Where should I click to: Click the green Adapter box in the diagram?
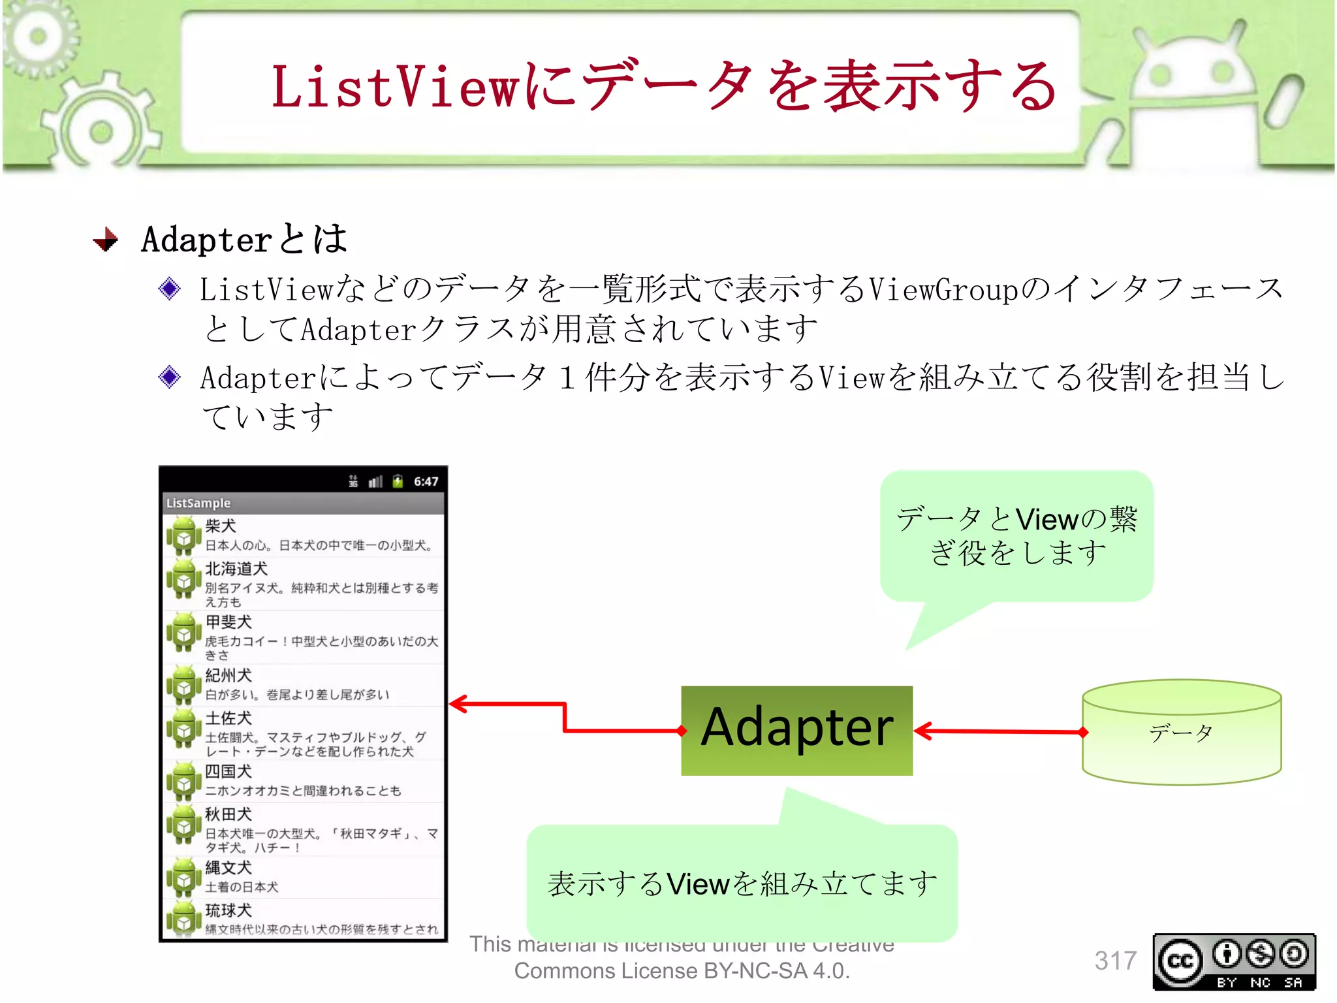point(796,730)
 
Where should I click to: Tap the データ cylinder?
point(1181,733)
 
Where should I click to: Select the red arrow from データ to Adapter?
point(999,731)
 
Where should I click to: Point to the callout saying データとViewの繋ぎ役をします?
point(1016,535)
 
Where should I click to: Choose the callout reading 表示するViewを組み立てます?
point(742,883)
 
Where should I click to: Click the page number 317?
point(1115,961)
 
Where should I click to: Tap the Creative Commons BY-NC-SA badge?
point(1234,962)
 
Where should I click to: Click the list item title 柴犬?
point(220,526)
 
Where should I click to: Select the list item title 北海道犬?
point(236,569)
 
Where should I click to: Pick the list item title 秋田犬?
point(228,814)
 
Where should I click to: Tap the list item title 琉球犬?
point(228,910)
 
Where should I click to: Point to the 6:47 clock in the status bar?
point(426,482)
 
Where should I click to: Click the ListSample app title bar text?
point(198,503)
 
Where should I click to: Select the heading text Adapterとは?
point(244,239)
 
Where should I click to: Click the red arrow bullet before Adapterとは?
point(106,240)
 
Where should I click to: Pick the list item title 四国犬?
point(228,771)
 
